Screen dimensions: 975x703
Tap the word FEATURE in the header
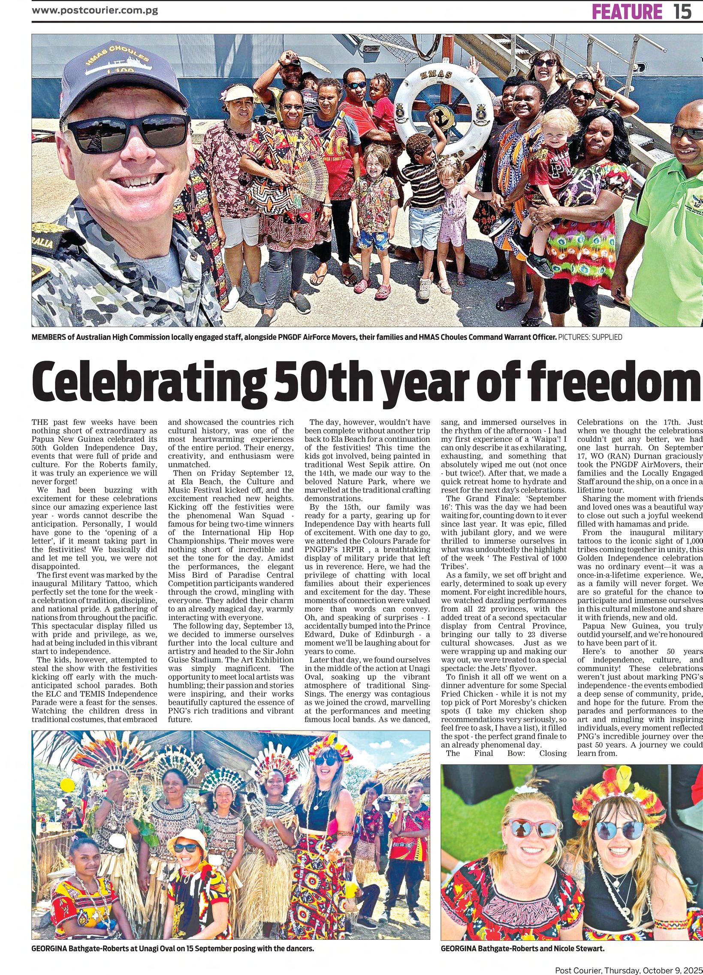628,11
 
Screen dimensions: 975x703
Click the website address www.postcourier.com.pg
95,10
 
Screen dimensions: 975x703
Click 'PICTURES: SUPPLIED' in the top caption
590,337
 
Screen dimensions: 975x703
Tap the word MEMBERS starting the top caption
48,337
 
